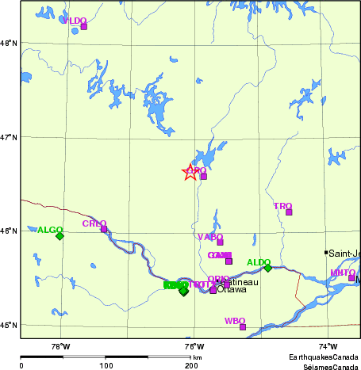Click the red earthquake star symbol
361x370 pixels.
coord(190,172)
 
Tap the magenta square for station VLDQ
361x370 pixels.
coord(83,26)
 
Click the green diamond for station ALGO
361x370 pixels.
coord(60,235)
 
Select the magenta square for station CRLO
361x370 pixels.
coord(103,229)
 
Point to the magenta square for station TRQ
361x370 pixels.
coord(289,212)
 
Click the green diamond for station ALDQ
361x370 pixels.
coord(268,268)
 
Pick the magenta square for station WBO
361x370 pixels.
coord(243,326)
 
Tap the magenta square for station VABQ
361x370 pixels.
coord(220,242)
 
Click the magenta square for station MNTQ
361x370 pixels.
coord(351,277)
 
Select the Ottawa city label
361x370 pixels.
coord(232,290)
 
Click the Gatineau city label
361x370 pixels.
coord(240,282)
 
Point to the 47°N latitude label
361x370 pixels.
coord(9,137)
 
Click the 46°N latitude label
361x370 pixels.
coord(9,231)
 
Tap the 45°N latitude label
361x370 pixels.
coord(9,325)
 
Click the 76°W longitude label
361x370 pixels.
coord(194,346)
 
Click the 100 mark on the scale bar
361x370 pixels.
coord(106,365)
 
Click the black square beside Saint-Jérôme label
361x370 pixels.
coord(326,253)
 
